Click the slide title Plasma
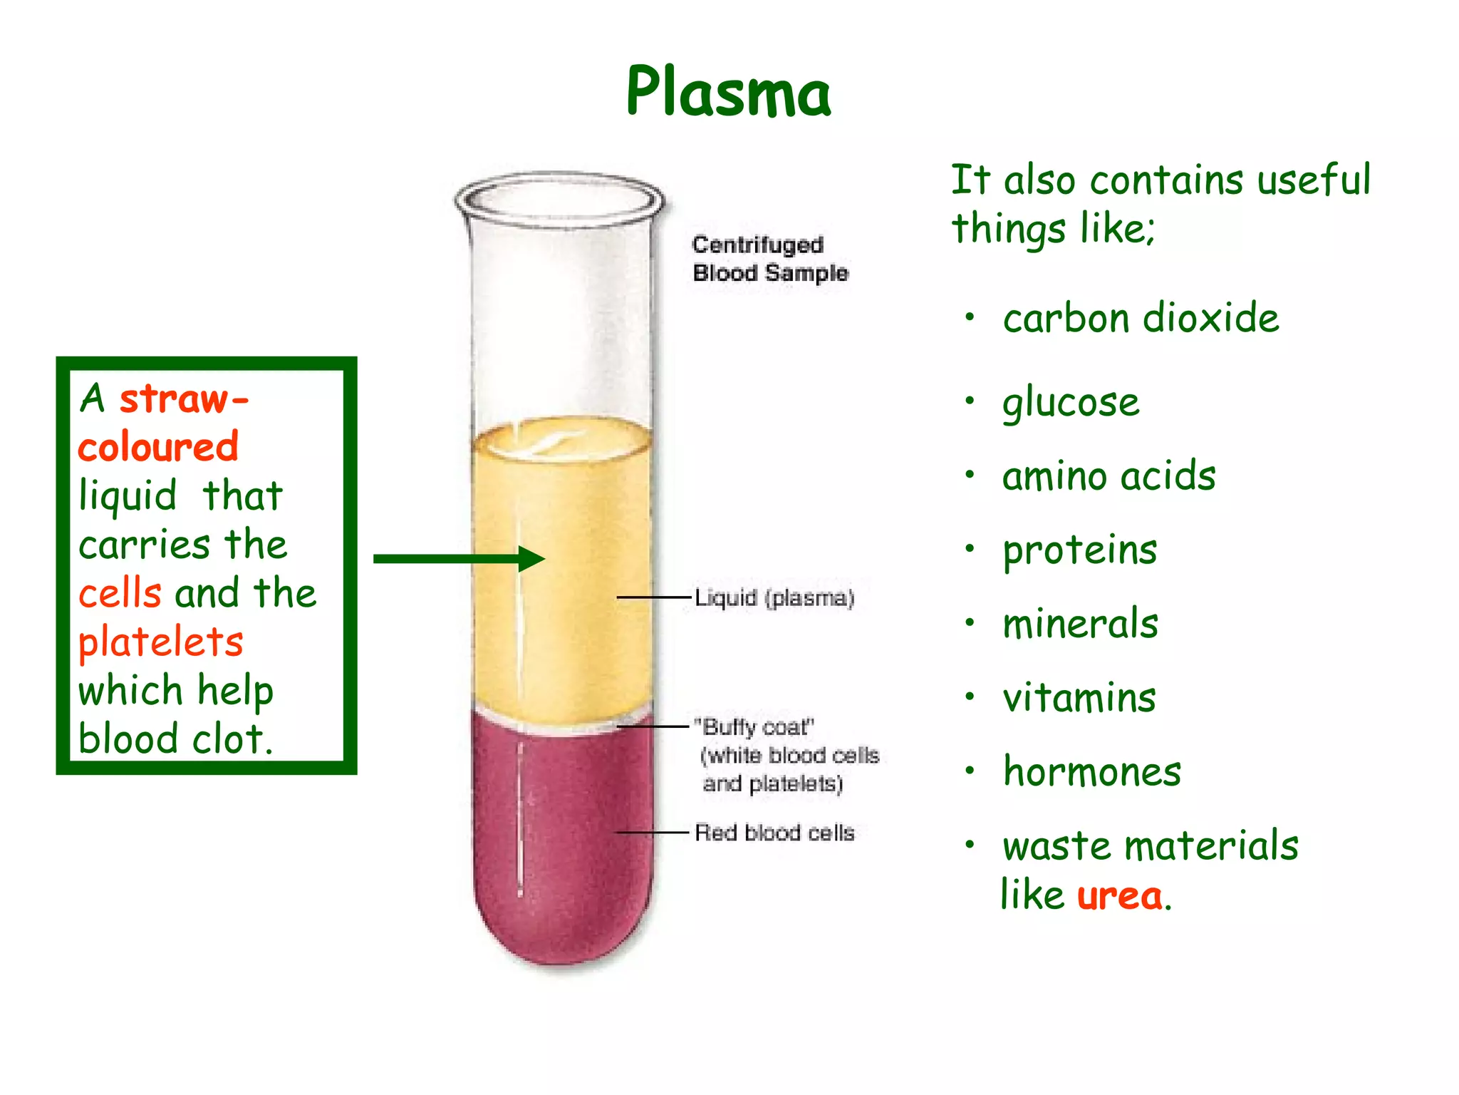pos(728,92)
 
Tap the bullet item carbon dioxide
pos(1141,318)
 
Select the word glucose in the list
pos(1071,403)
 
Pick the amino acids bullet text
pos(1108,476)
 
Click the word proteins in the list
pos(1079,551)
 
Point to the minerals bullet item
pos(1080,624)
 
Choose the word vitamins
pos(1079,697)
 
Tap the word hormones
pos(1091,771)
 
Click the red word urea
pos(1119,895)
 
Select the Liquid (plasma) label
pos(774,597)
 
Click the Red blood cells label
pos(774,832)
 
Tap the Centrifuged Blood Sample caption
pos(769,259)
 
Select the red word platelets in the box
pos(161,642)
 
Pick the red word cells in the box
pos(120,593)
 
